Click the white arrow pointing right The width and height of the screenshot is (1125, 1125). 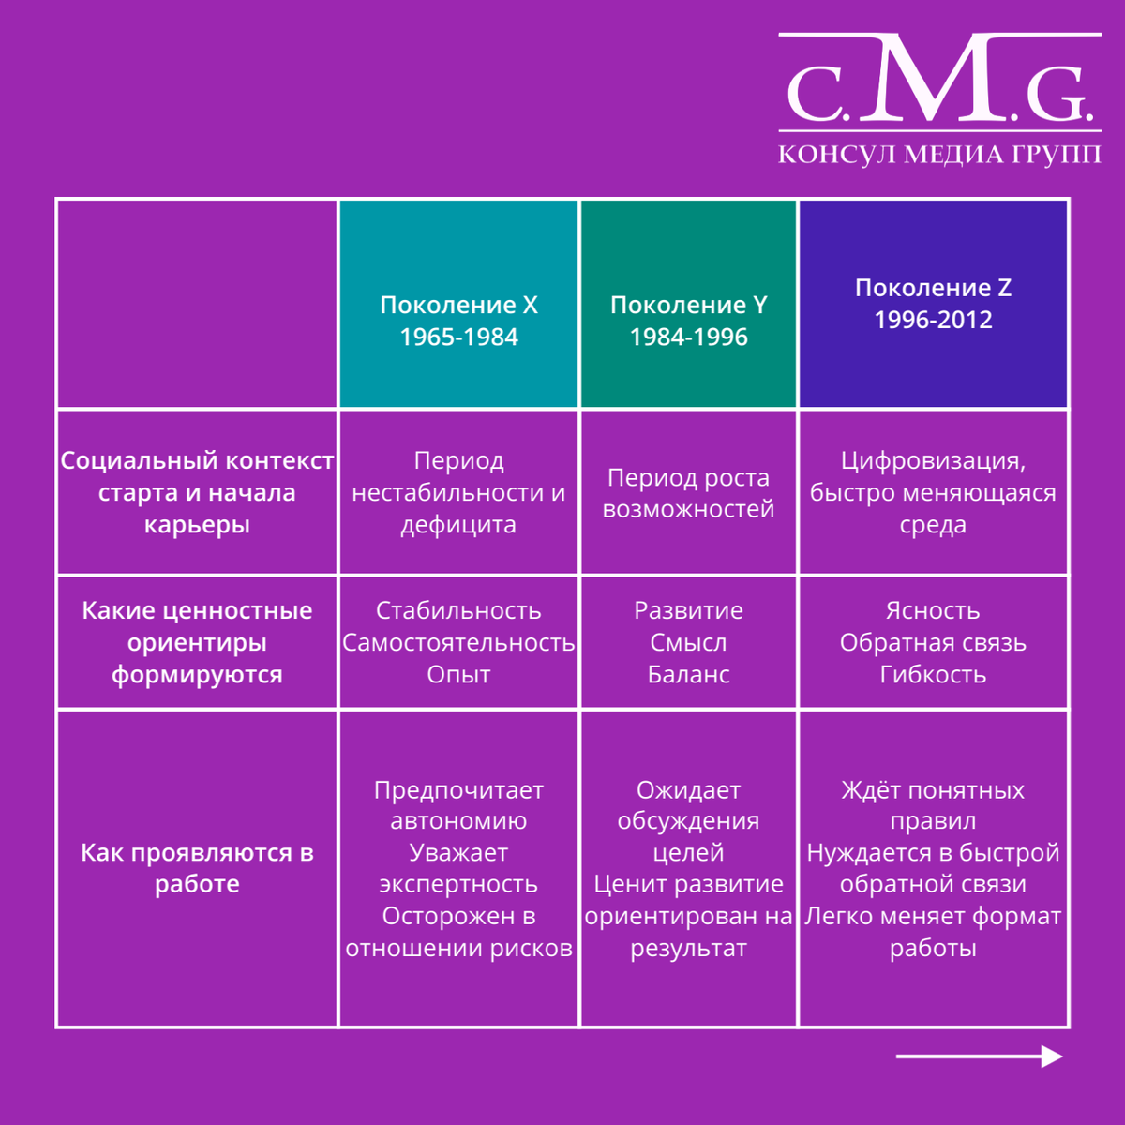(979, 1057)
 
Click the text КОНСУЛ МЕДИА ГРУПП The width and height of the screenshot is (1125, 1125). (939, 155)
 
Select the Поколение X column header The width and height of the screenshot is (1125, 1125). (458, 303)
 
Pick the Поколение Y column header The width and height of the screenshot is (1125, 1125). (689, 303)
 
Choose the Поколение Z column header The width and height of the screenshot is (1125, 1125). (933, 303)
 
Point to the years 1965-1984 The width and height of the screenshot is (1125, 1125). (458, 337)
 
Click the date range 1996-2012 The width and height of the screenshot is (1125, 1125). (933, 320)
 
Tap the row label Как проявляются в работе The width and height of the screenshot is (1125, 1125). (197, 868)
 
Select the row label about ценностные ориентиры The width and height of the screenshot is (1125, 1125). (197, 642)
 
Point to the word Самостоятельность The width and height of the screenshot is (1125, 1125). (458, 643)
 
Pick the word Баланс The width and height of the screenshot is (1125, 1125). (689, 675)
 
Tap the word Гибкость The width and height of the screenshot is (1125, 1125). (933, 675)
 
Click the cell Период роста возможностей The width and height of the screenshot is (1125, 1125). (689, 493)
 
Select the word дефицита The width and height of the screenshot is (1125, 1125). (458, 525)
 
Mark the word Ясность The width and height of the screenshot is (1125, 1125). (933, 610)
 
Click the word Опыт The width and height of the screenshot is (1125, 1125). (458, 675)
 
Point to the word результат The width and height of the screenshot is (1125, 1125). (689, 948)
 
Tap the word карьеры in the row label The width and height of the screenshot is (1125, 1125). (197, 525)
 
